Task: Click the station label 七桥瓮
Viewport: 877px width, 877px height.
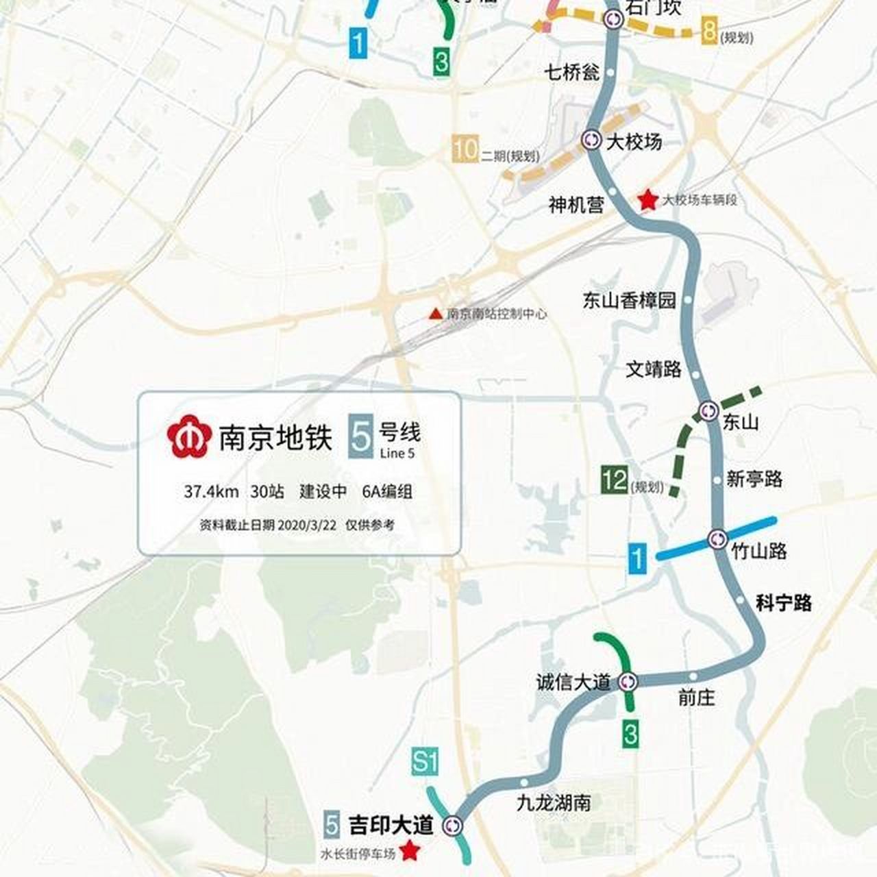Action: [x=572, y=72]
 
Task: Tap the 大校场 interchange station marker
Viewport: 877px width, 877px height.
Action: [x=591, y=140]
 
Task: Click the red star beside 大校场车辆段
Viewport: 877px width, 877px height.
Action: [x=646, y=200]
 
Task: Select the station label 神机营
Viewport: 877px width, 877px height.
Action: [x=576, y=204]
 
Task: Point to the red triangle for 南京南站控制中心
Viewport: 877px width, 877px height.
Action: [x=434, y=314]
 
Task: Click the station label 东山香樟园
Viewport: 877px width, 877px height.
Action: [x=629, y=300]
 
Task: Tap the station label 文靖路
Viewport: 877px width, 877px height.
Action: [x=654, y=369]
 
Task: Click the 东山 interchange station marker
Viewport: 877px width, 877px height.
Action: [x=708, y=410]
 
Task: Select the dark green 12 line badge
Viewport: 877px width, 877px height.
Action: [x=615, y=480]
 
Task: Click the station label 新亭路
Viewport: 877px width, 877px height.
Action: [x=754, y=479]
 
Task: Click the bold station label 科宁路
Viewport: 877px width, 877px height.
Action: [x=783, y=603]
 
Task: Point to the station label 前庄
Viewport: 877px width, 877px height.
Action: [x=697, y=698]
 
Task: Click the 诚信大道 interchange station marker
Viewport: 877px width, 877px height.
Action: [x=628, y=682]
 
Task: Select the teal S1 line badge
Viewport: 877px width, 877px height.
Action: [x=425, y=762]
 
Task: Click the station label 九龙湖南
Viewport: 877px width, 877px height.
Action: [x=554, y=802]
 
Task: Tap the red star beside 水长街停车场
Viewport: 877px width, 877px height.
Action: [x=410, y=850]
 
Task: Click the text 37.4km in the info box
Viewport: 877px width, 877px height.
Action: [x=211, y=491]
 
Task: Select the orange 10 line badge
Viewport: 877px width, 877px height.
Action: [x=465, y=149]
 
